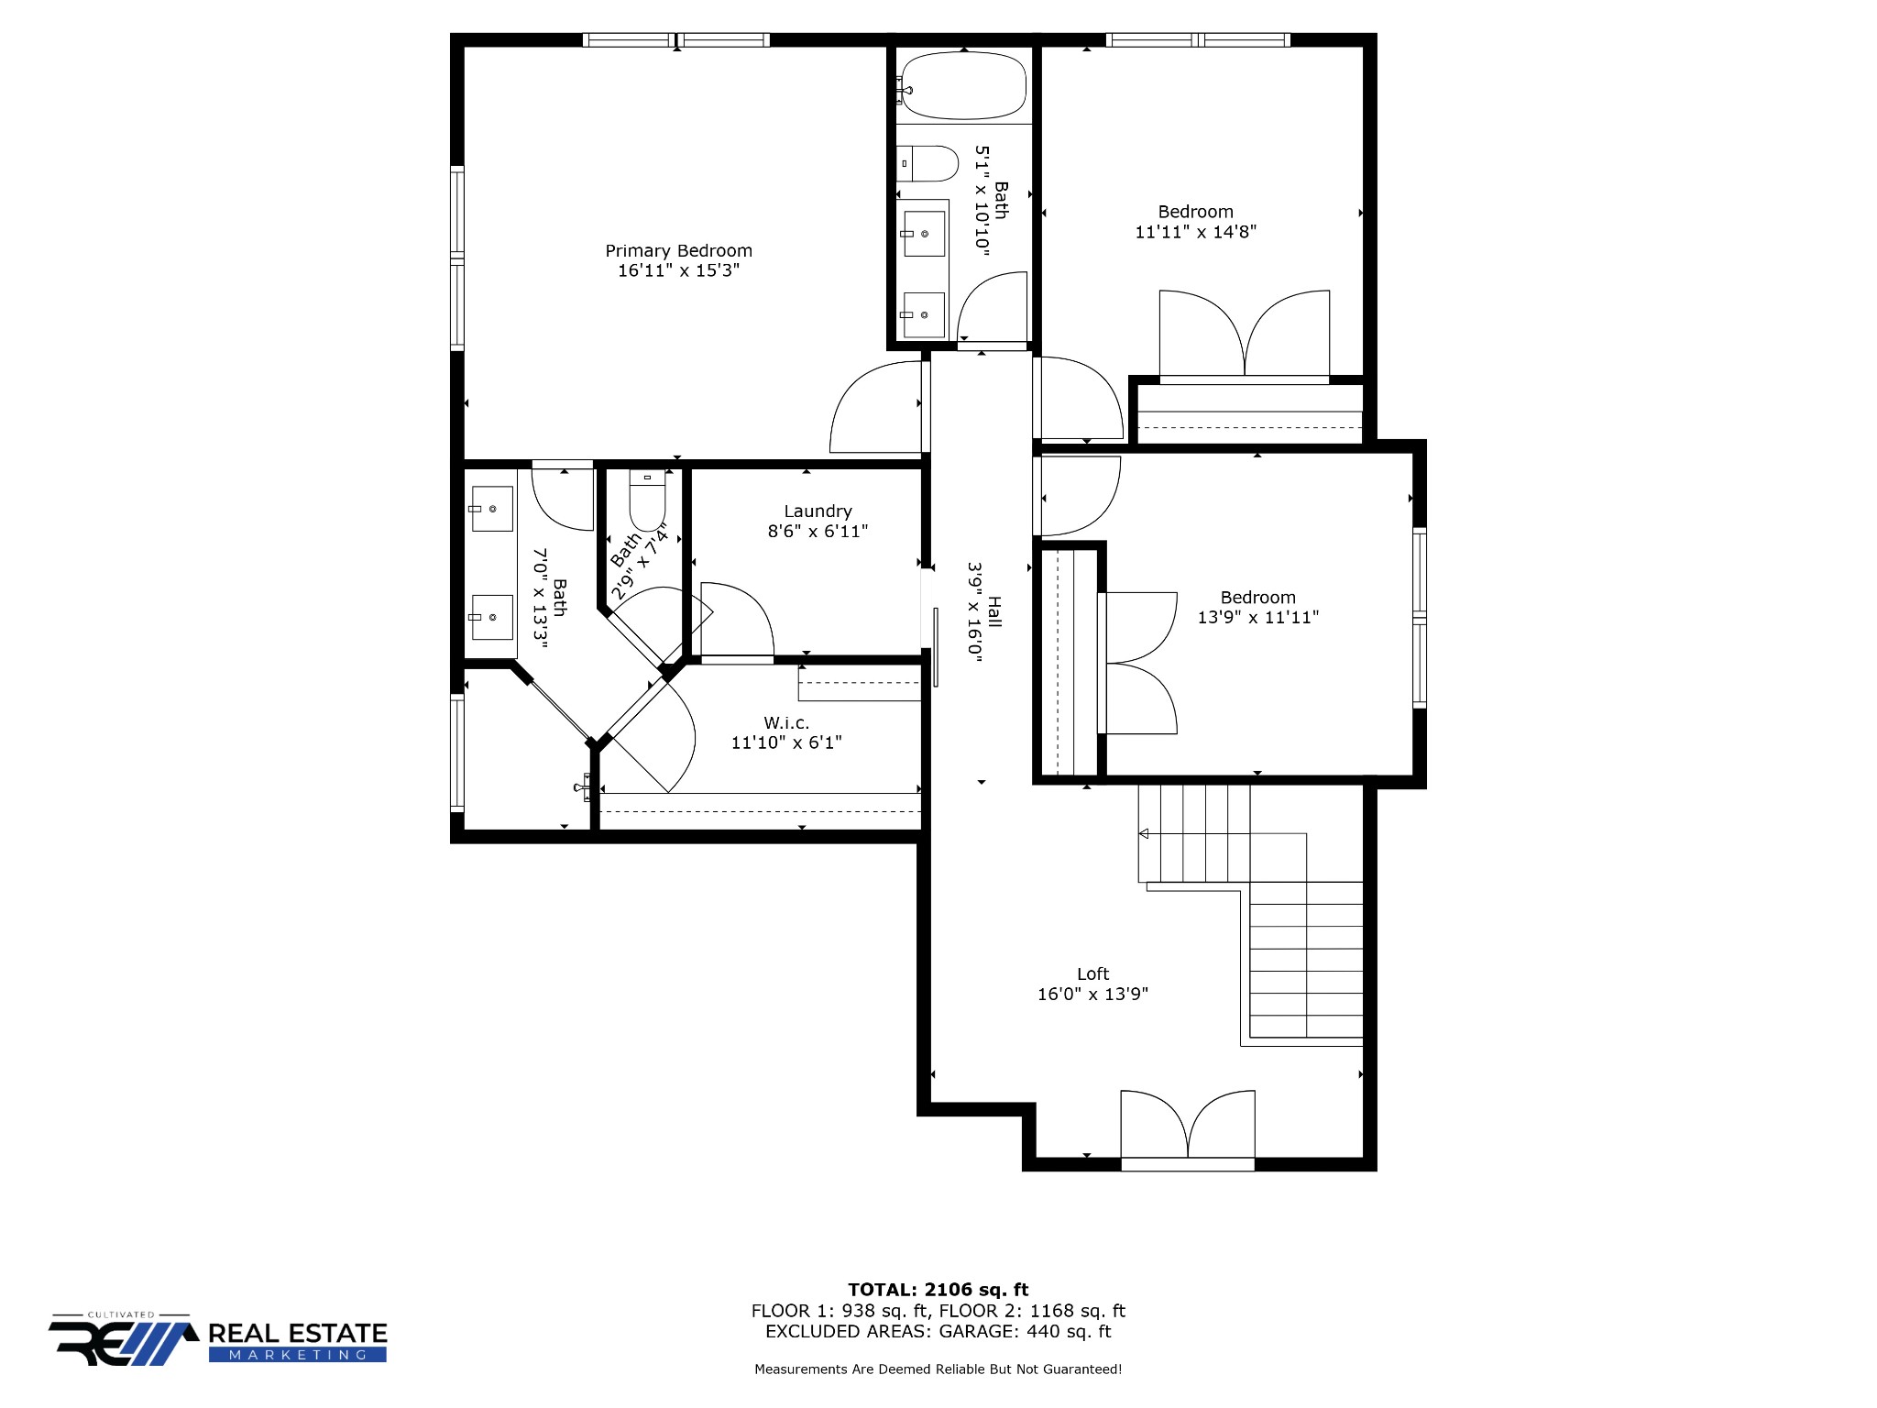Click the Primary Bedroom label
pos(678,251)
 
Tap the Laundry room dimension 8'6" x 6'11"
pos(818,531)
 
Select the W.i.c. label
pos(786,723)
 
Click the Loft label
pos(1092,973)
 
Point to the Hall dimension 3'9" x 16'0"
pos(975,611)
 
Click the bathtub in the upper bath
pos(962,86)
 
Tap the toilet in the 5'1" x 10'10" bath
pos(927,164)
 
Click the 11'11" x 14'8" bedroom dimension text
pos(1195,232)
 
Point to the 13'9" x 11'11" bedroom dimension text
pos(1257,617)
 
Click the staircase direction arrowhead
pos(1144,833)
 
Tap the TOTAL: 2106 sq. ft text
pos(938,1290)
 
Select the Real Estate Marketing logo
pos(218,1339)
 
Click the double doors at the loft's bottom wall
pos(1188,1129)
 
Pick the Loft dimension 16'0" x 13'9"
pos(1092,994)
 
